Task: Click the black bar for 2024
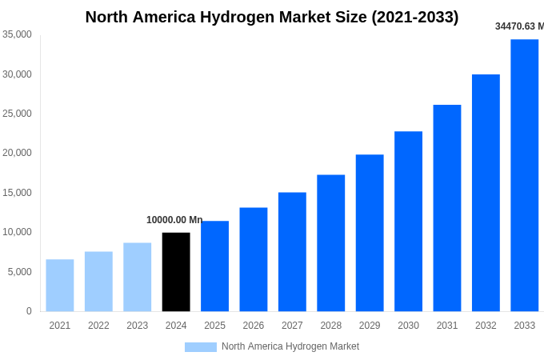pos(176,272)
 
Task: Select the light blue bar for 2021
pos(60,285)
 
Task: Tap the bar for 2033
pos(524,175)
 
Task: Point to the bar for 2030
pos(408,221)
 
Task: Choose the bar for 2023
pos(137,277)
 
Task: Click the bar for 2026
pos(254,259)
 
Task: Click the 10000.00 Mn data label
pos(174,220)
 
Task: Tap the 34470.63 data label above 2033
pos(519,26)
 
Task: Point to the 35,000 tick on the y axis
pos(17,34)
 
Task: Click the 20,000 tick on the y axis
pos(17,153)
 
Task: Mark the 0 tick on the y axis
pos(29,311)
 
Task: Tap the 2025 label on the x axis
pos(214,326)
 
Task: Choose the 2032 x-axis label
pos(486,326)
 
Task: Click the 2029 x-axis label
pos(370,326)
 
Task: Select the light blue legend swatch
pos(200,347)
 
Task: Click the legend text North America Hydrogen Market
pos(290,346)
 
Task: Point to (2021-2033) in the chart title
pos(414,17)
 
